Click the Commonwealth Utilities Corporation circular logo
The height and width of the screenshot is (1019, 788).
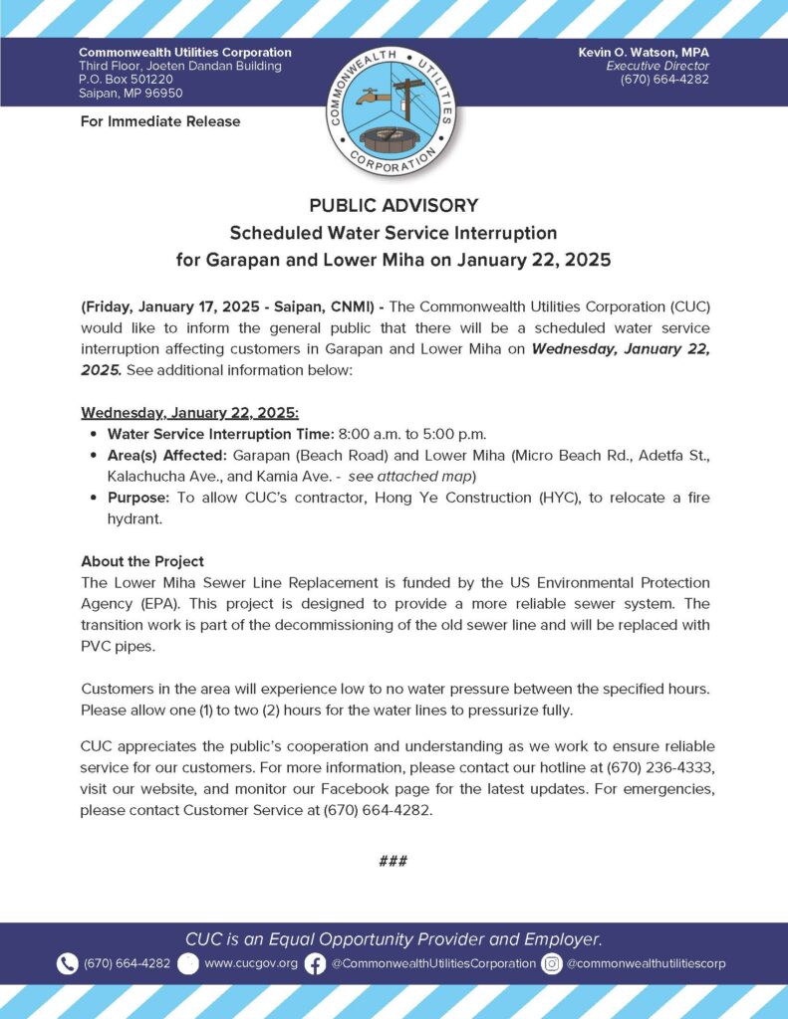[394, 110]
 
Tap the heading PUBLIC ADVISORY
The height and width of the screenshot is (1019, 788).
[394, 206]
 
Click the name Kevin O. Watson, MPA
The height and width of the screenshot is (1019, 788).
[644, 52]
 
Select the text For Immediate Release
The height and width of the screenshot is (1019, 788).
[159, 121]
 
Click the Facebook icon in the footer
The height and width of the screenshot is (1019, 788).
[315, 963]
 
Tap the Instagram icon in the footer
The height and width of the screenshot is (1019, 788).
[552, 963]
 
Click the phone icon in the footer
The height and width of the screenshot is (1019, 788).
[68, 963]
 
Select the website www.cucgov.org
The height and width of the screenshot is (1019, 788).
[251, 963]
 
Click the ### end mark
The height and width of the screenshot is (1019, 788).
[394, 861]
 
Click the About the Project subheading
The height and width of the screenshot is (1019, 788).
[142, 561]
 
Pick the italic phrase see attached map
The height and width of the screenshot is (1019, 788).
[397, 475]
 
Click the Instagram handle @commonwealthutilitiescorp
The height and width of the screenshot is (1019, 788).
[647, 963]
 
